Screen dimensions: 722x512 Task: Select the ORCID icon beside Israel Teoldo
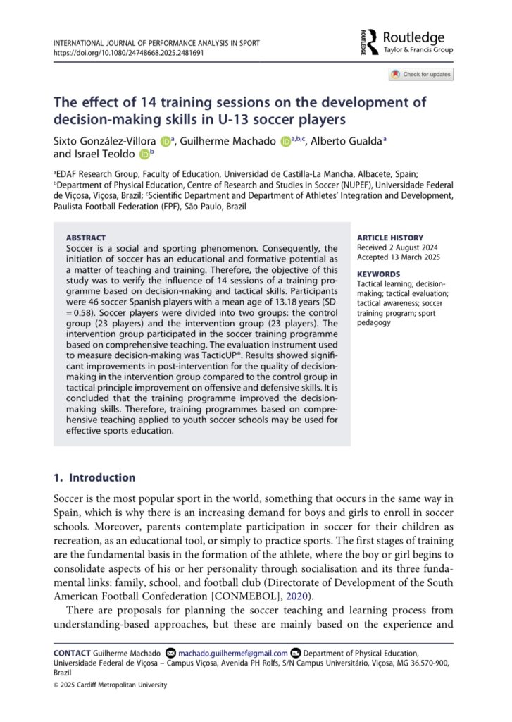144,154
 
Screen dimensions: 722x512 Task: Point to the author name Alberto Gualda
348,141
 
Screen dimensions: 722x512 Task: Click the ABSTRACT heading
86,238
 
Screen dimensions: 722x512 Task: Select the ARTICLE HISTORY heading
389,238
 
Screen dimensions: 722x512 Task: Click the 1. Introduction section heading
94,477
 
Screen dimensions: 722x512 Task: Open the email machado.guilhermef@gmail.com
233,654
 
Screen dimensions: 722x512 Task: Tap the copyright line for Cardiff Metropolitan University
111,685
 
